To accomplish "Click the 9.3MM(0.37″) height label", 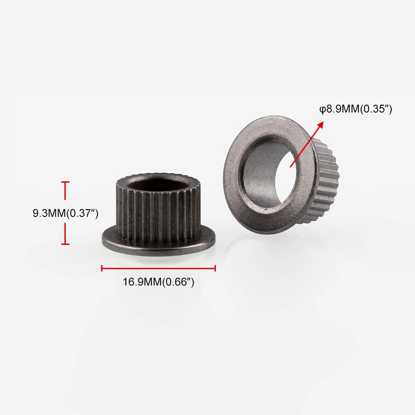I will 65,213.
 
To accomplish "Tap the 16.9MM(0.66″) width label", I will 158,282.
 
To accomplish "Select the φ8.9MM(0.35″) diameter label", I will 356,109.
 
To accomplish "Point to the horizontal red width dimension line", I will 158,268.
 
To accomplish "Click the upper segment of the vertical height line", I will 65,191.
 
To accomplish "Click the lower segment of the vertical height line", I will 65,234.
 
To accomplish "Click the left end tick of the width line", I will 102,268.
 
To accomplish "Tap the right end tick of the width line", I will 215,268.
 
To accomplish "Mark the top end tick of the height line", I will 65,182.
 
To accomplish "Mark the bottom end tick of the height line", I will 65,244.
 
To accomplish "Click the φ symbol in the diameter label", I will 323,110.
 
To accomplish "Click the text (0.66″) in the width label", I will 178,282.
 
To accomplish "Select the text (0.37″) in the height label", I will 82,213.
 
